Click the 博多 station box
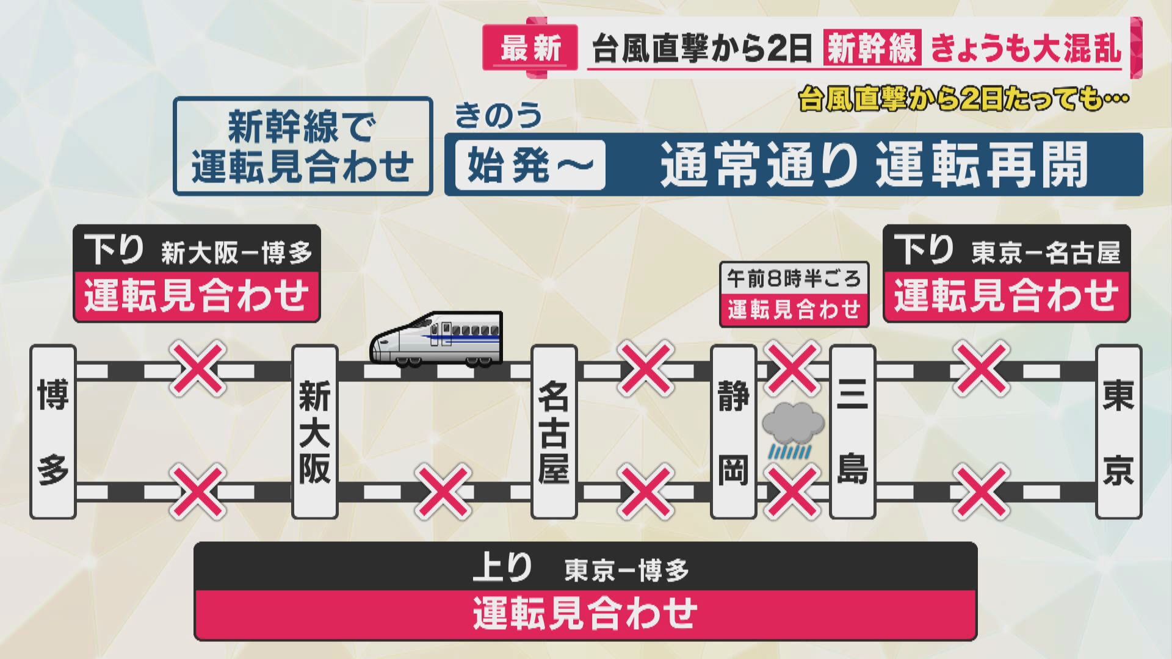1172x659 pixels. click(x=53, y=432)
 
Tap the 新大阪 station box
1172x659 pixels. click(x=314, y=432)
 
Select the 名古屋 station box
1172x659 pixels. click(x=554, y=432)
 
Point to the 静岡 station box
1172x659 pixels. click(x=733, y=432)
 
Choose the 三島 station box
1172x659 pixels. click(x=853, y=432)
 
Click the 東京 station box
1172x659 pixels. click(x=1118, y=432)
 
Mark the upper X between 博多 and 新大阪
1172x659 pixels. click(x=198, y=369)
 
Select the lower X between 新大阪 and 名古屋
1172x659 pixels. click(x=443, y=492)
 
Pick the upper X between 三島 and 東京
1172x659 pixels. click(x=982, y=369)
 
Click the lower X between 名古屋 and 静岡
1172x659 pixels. click(x=646, y=492)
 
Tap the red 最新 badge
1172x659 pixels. click(x=530, y=48)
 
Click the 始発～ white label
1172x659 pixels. click(x=530, y=165)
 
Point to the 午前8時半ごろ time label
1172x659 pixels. click(x=794, y=279)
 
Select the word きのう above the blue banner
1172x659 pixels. click(x=498, y=115)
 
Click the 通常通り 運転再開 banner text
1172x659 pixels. click(x=874, y=165)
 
